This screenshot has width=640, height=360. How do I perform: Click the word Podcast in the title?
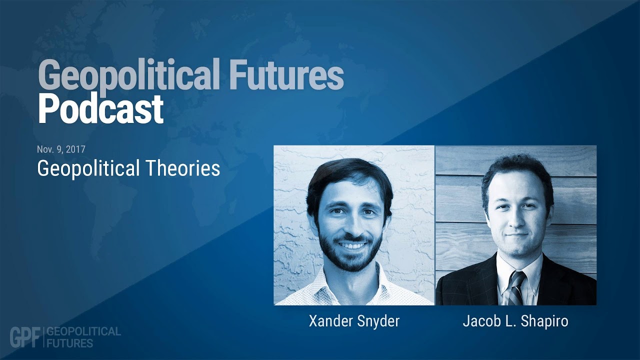(101, 109)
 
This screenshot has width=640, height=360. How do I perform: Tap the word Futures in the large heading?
(286, 74)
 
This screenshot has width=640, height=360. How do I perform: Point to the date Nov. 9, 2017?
(61, 149)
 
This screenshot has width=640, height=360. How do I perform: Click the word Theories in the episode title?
(183, 168)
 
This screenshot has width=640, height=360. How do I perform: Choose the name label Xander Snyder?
(354, 321)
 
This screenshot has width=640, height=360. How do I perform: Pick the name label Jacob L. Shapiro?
(515, 321)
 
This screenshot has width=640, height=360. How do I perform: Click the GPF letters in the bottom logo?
(25, 337)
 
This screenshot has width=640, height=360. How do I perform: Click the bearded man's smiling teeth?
(352, 245)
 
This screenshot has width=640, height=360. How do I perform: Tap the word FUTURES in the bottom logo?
(69, 343)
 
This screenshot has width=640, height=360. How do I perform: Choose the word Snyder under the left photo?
(378, 321)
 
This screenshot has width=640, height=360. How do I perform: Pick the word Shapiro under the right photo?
(544, 321)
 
